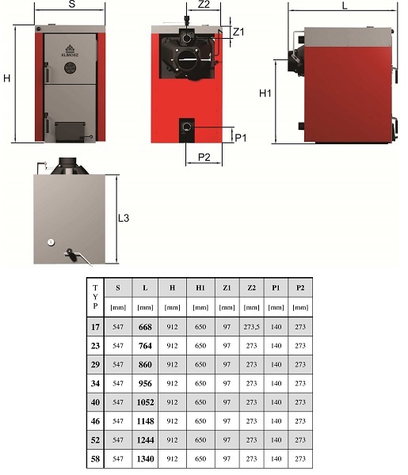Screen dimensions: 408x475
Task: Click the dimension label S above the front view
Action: pos(72,4)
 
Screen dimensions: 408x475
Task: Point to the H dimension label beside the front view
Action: pos(6,78)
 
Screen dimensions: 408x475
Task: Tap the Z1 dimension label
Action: pos(238,32)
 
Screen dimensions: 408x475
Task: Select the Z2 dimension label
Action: pos(204,4)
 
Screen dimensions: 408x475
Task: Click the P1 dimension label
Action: pos(241,138)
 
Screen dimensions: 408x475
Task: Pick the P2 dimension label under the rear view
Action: pos(204,157)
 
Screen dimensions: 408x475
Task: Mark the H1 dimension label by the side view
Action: pos(265,93)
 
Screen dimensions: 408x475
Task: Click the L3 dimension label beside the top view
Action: pos(124,218)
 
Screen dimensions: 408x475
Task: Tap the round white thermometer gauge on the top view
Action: pos(51,242)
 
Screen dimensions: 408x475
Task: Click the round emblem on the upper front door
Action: pos(70,68)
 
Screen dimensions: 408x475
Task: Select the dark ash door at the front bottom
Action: pos(70,131)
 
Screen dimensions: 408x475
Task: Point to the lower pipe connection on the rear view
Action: pos(187,127)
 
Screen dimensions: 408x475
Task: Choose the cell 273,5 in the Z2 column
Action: pos(251,327)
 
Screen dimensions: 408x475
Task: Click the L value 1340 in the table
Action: pos(145,459)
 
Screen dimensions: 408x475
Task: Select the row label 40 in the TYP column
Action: pos(95,402)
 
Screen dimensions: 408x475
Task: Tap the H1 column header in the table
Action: pos(200,287)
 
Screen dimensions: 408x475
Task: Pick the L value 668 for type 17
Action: pos(145,327)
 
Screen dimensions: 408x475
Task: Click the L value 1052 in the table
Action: pos(145,402)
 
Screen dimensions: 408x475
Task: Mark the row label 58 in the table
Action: pos(95,459)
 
